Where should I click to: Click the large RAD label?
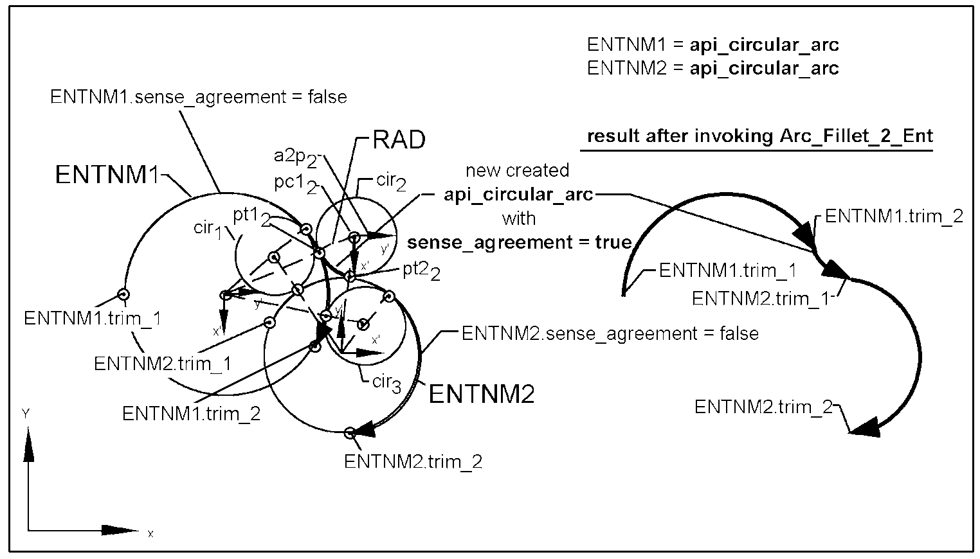pyautogui.click(x=399, y=140)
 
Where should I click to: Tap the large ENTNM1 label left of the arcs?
pyautogui.click(x=107, y=175)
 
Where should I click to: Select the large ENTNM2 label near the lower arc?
pyautogui.click(x=481, y=394)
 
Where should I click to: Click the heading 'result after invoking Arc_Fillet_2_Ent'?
pyautogui.click(x=760, y=136)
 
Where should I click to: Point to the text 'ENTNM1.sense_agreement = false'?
pyautogui.click(x=199, y=97)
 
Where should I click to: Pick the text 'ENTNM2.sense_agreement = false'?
pyautogui.click(x=610, y=333)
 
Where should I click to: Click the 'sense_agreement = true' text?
pyautogui.click(x=520, y=242)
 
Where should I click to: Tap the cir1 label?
pyautogui.click(x=208, y=229)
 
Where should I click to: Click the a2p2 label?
pyautogui.click(x=295, y=157)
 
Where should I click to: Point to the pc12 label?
pyautogui.click(x=295, y=184)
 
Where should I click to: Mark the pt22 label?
pyautogui.click(x=421, y=271)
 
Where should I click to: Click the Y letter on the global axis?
pyautogui.click(x=26, y=413)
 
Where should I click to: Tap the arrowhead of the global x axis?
pyautogui.click(x=120, y=531)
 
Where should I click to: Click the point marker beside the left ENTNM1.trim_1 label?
pyautogui.click(x=123, y=294)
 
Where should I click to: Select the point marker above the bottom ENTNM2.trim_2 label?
pyautogui.click(x=349, y=433)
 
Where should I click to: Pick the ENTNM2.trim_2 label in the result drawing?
pyautogui.click(x=763, y=407)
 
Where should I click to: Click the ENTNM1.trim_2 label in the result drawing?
pyautogui.click(x=894, y=217)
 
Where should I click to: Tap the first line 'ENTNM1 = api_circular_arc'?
pyautogui.click(x=712, y=45)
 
